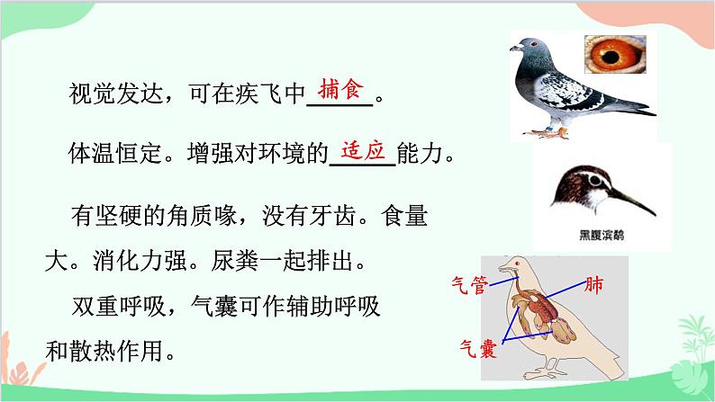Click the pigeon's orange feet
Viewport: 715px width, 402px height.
pos(554,134)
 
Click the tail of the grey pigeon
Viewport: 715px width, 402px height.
pos(640,108)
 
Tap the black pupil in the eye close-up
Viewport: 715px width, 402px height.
pos(616,59)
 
